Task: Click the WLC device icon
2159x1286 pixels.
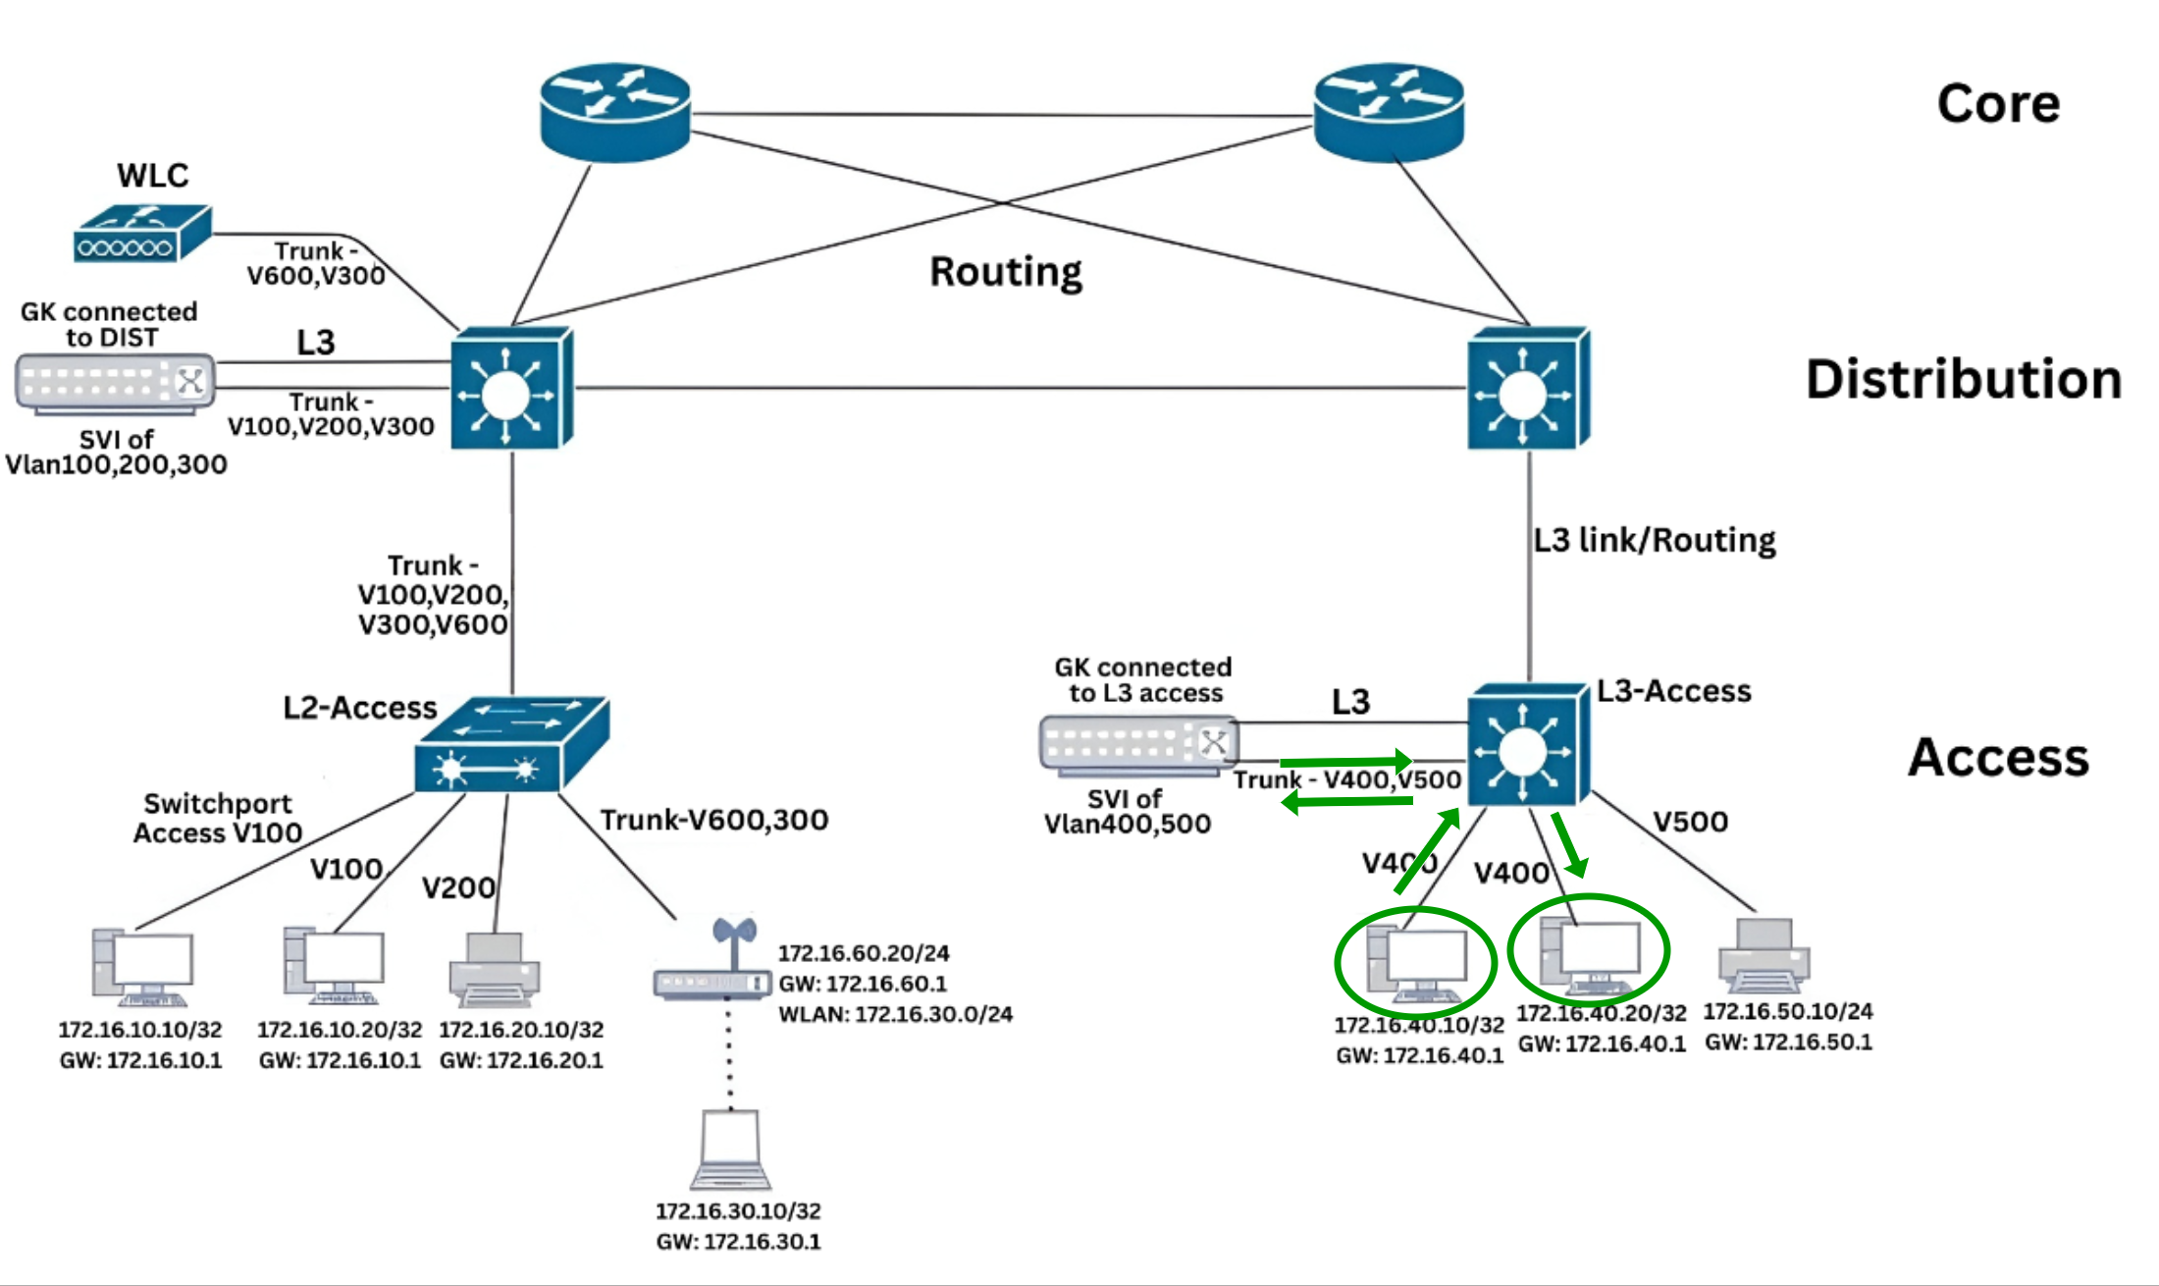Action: (143, 234)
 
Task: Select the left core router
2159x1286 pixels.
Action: (615, 111)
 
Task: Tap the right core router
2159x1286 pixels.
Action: (1389, 111)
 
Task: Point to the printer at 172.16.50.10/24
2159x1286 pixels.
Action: (1764, 955)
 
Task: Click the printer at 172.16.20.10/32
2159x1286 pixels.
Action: (495, 970)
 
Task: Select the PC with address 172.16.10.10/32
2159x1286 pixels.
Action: (142, 968)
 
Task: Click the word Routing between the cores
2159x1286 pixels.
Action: (1005, 272)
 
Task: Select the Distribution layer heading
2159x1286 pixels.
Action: (1963, 379)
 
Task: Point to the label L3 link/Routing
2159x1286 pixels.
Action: (1655, 540)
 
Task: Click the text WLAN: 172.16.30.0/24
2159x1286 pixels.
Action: (895, 1014)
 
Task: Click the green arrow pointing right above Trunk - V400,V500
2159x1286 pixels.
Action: (1345, 761)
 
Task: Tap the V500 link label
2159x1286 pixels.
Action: (1690, 822)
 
